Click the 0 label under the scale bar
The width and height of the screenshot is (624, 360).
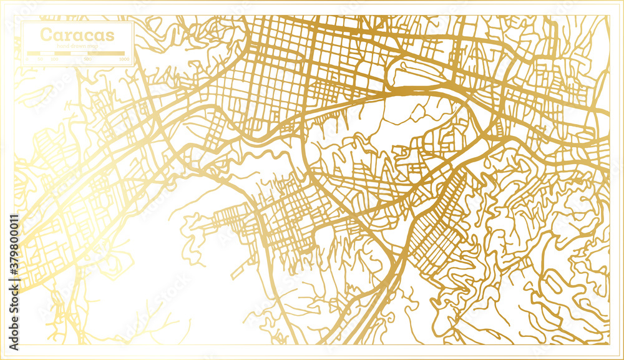(x=27, y=59)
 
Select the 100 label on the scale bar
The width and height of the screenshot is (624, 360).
(x=54, y=59)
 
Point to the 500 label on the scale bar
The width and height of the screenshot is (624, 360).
(x=87, y=59)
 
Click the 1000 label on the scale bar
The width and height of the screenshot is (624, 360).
(x=124, y=59)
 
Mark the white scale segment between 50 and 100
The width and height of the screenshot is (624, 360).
(x=47, y=54)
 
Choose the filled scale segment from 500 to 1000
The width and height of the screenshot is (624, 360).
(x=105, y=54)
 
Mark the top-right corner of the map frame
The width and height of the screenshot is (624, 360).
(x=608, y=16)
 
